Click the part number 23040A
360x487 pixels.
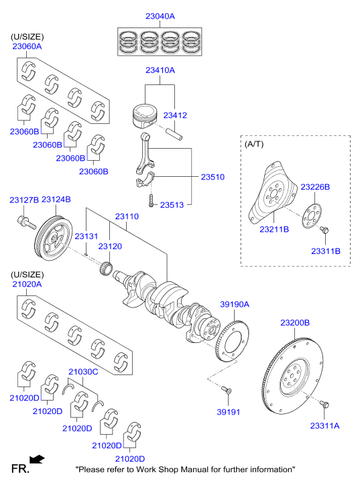tap(160, 16)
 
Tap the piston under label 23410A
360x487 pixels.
tap(144, 116)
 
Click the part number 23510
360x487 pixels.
tap(213, 177)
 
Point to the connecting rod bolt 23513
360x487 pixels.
tap(151, 201)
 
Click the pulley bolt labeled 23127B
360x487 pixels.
tap(26, 222)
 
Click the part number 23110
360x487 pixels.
tap(127, 216)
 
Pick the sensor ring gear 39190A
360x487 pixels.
tap(232, 342)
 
